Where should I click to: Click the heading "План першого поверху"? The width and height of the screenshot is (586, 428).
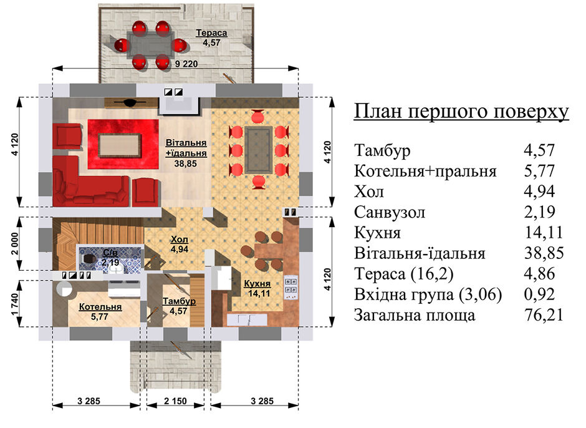pos(461,112)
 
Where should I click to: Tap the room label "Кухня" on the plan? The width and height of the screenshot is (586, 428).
pos(257,283)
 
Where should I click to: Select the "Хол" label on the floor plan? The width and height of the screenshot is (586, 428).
pos(180,239)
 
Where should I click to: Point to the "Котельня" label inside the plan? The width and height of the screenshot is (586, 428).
pos(100,307)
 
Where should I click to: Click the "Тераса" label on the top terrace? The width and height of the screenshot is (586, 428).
pos(211,33)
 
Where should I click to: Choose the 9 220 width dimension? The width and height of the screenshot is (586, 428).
pos(186,64)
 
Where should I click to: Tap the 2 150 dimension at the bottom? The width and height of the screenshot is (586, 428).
pos(175,401)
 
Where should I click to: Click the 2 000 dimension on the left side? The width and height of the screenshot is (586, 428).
pos(14,243)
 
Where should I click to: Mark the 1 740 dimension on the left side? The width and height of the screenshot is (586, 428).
pos(14,304)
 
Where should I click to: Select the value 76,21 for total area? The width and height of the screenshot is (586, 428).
pos(544,315)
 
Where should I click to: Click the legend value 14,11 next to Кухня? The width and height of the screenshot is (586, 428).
pos(544,233)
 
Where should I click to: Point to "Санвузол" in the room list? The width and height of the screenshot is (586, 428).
pos(390,213)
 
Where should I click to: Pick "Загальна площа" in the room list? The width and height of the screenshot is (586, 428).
pos(415,315)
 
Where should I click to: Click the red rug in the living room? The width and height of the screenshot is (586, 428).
pos(123,144)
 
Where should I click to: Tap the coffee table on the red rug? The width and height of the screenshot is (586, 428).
pos(120,145)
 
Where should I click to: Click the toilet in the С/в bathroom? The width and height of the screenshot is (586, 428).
pos(88,258)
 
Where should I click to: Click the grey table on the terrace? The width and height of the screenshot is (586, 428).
pos(151,44)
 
